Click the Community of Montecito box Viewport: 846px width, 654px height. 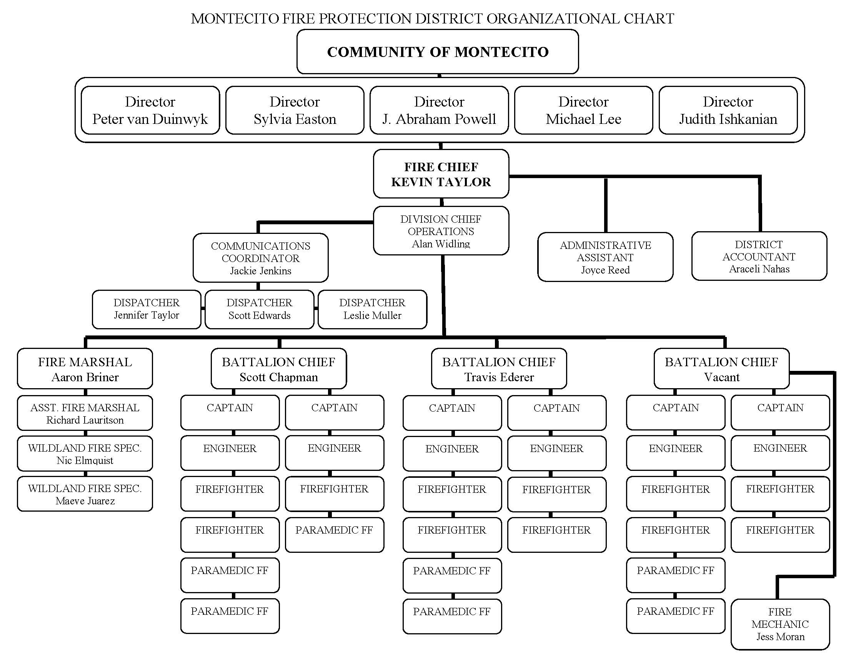437,52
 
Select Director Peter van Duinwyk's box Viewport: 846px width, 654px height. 150,110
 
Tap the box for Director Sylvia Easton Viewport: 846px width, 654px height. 295,110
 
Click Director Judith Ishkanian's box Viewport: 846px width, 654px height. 728,110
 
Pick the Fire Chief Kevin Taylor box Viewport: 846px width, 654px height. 441,174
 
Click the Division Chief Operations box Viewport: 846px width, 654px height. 441,231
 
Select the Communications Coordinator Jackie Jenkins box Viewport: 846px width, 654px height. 260,258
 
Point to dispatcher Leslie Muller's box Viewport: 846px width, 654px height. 372,309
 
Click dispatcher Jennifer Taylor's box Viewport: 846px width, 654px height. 147,309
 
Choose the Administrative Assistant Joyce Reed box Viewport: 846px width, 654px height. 605,257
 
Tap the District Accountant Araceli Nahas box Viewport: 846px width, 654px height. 759,257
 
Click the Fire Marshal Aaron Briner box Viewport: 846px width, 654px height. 85,369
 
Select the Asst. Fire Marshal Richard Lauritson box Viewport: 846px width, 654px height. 85,414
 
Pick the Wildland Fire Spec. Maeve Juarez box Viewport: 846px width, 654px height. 85,494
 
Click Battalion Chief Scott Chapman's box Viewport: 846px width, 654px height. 278,369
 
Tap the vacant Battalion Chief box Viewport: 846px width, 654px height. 721,369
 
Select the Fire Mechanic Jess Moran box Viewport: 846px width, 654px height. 780,624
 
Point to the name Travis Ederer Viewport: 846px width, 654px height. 499,377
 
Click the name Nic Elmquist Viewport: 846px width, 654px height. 85,460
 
